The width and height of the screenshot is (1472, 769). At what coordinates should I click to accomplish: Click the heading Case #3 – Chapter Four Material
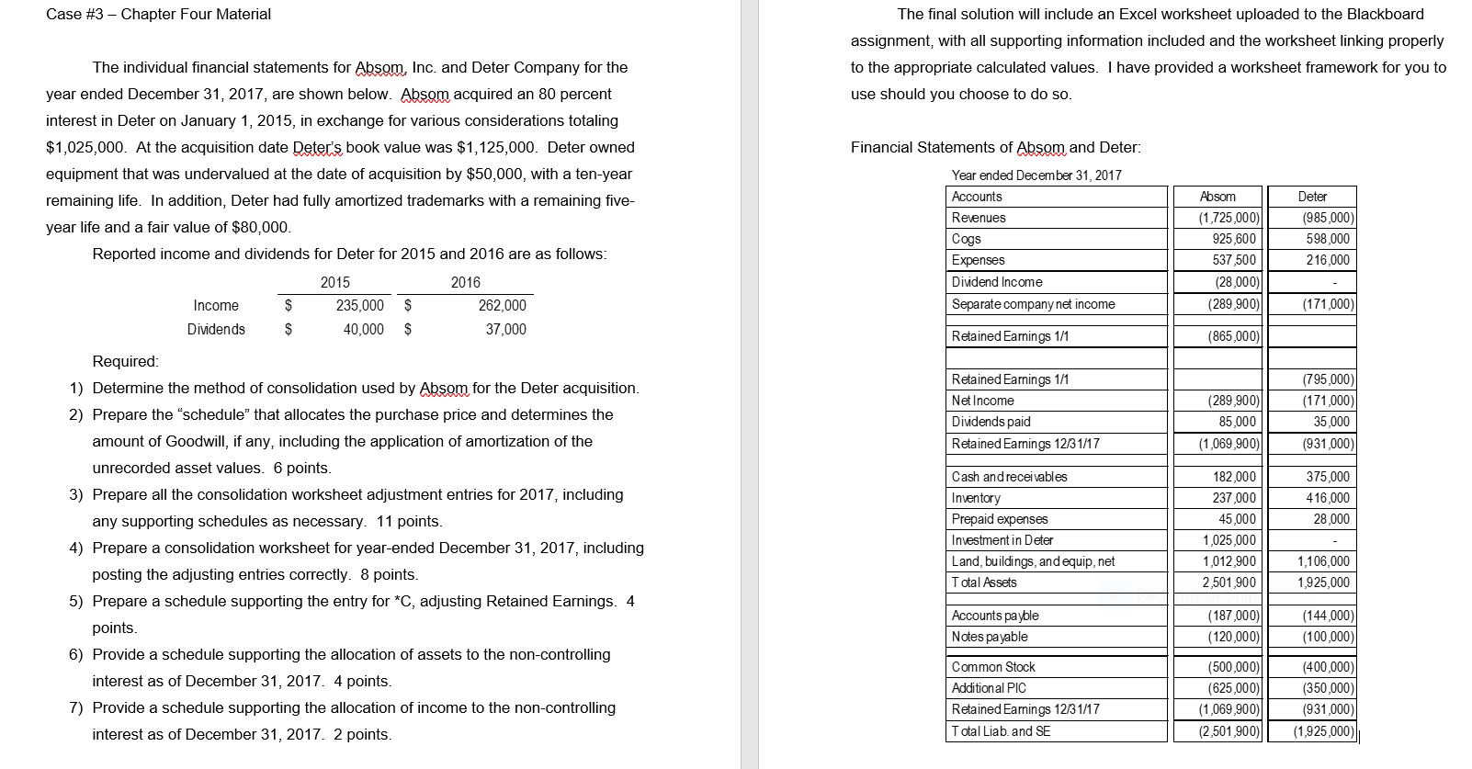(158, 14)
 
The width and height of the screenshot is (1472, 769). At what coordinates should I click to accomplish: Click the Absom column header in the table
(1217, 197)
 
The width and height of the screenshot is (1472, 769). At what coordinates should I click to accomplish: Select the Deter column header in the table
(1312, 197)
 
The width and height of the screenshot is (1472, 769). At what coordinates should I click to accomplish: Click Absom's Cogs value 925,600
(1234, 239)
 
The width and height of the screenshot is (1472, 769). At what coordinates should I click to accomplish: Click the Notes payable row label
(990, 637)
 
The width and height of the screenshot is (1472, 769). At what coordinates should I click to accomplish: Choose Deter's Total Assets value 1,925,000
(1323, 582)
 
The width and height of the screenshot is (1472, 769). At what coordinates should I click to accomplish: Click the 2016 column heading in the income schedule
(465, 282)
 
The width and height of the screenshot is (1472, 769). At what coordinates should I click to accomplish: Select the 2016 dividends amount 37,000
(505, 329)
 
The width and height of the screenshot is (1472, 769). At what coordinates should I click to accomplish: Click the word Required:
(126, 361)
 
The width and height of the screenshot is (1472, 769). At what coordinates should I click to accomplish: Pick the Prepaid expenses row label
(1000, 519)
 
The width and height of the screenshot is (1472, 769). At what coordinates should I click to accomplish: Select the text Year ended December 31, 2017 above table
(1036, 175)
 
